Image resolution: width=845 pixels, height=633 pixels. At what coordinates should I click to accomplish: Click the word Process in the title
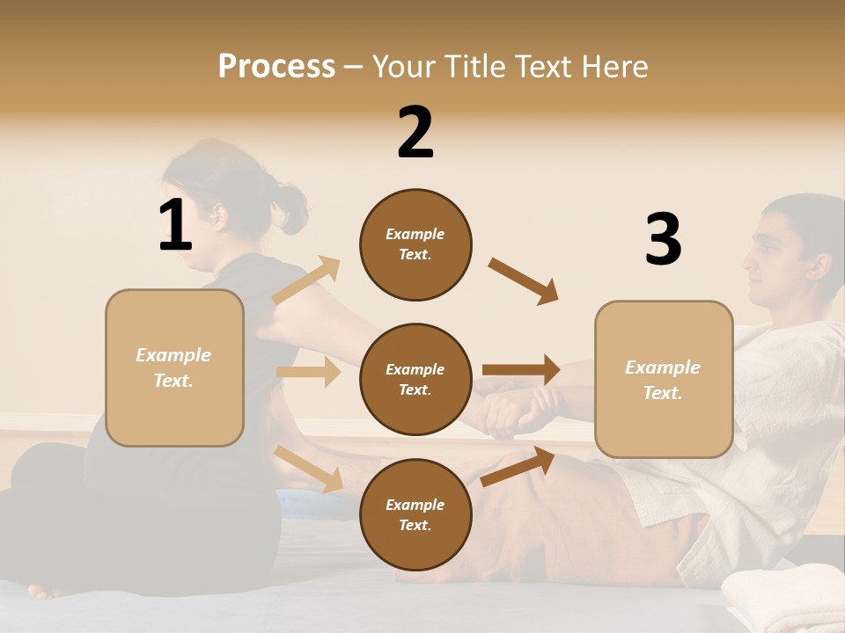coord(276,66)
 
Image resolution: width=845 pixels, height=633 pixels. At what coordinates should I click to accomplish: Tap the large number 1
coord(175,225)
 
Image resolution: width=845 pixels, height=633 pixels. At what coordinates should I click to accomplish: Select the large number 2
coord(415,133)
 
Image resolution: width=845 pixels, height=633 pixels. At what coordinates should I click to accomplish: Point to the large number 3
coord(663,239)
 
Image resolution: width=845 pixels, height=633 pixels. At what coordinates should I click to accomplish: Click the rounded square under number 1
coord(174,367)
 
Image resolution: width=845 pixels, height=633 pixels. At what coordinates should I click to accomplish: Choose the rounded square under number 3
coord(664,379)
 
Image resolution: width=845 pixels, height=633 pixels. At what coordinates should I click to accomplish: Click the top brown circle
coord(415,244)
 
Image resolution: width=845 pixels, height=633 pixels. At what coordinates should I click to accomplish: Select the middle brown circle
coord(415,379)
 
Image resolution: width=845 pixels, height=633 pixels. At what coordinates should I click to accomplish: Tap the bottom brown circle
coord(415,514)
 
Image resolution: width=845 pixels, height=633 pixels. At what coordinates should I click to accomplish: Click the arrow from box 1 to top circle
coord(306,280)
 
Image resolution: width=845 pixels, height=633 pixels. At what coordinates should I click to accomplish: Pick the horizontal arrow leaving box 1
coord(308,372)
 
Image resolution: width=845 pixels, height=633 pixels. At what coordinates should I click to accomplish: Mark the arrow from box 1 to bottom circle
coord(309,469)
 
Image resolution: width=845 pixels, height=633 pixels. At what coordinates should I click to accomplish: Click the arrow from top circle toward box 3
coord(523,280)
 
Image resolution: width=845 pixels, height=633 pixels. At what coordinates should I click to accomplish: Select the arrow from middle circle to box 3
coord(521,369)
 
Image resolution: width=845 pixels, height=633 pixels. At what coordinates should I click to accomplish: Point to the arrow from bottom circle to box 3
coord(518,466)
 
